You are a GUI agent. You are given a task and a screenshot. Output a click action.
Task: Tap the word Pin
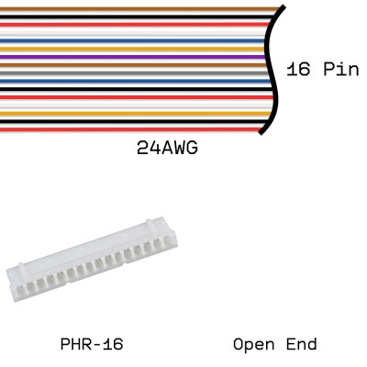pyautogui.click(x=339, y=70)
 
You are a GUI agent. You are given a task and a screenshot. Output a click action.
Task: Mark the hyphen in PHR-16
pyautogui.click(x=95, y=345)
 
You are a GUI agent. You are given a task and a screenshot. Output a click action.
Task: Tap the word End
pyautogui.click(x=299, y=345)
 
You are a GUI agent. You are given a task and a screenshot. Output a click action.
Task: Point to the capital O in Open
pyautogui.click(x=239, y=345)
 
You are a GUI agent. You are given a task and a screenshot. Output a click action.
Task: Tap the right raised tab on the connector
pyautogui.click(x=147, y=222)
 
